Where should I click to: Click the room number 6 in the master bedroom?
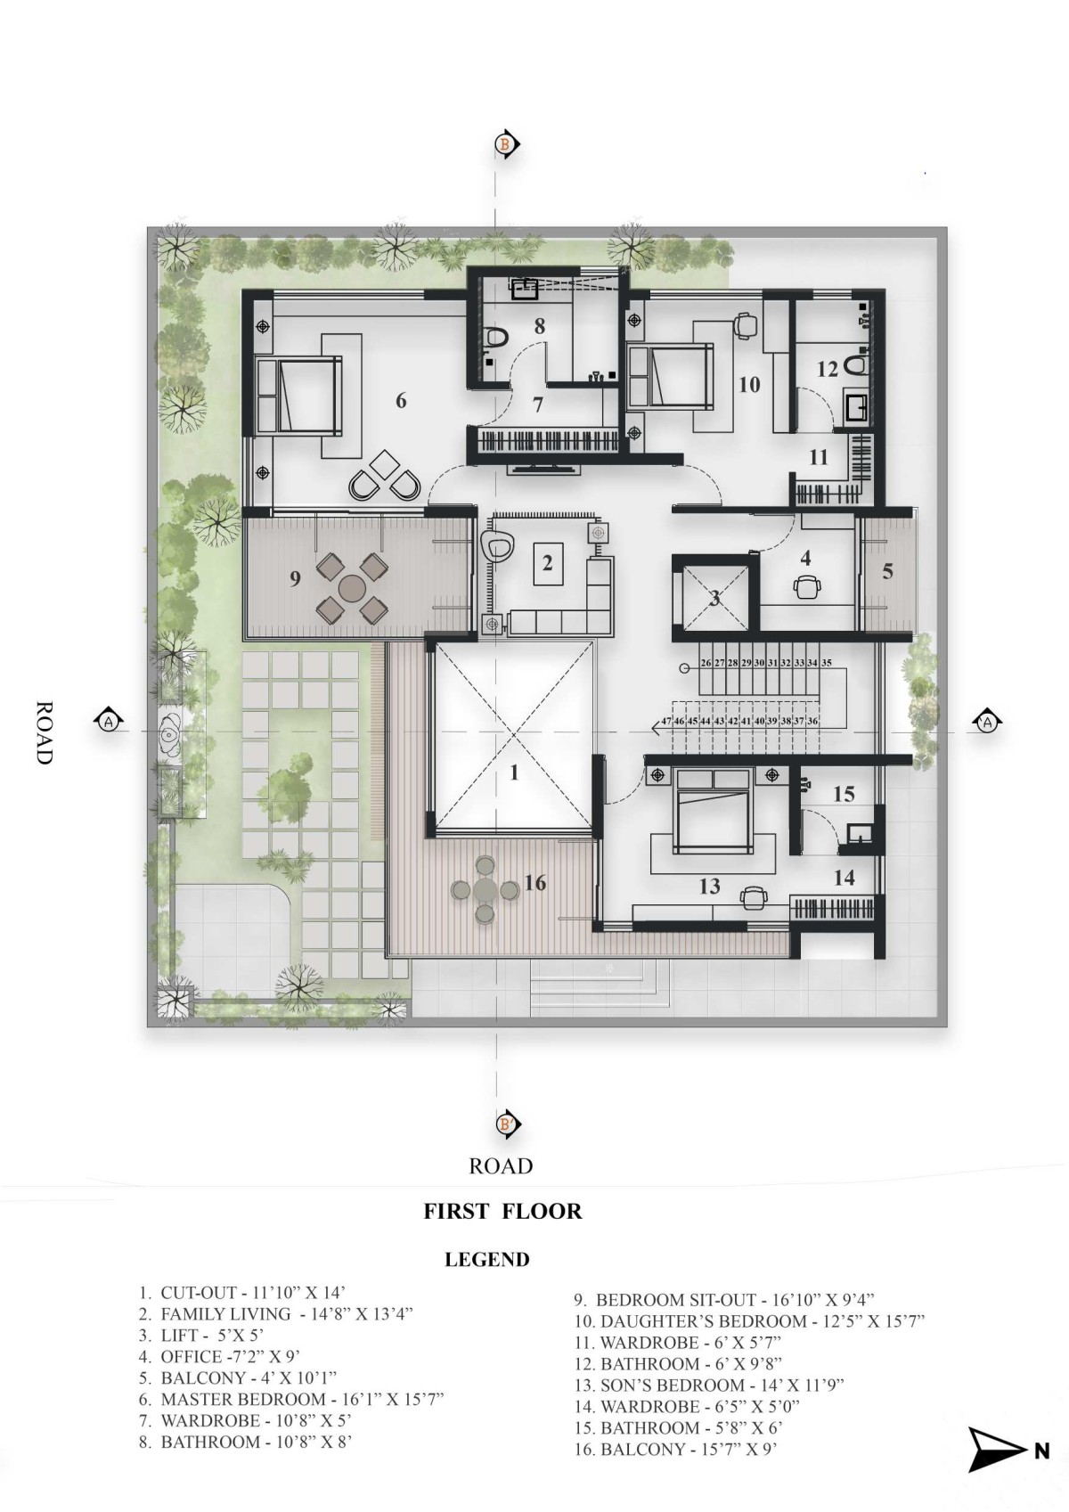401,401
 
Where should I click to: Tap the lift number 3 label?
715,598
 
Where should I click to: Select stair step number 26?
706,663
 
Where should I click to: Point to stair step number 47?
666,721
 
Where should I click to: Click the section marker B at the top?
506,143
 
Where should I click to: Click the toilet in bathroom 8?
495,337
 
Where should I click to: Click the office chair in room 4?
806,586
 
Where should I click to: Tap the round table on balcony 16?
485,890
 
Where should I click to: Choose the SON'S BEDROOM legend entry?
709,1385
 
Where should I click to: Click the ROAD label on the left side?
43,732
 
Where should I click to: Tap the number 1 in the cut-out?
514,772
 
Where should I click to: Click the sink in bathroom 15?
859,834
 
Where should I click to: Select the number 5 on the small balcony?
887,571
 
